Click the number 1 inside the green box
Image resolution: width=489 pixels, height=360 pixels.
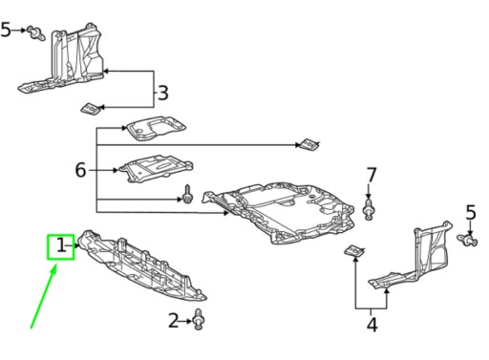[x=61, y=245]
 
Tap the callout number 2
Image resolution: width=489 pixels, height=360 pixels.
[x=174, y=321]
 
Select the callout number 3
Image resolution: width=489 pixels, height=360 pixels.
[x=163, y=93]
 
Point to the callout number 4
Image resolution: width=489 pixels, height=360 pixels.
[x=372, y=325]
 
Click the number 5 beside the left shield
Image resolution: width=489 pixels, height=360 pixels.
[x=6, y=30]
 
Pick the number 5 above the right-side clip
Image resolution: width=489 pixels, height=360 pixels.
[x=471, y=212]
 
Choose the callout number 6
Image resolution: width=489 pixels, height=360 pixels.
[x=80, y=170]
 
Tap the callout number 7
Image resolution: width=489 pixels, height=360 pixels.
[x=372, y=175]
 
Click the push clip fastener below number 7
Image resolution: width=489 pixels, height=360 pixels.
[x=369, y=209]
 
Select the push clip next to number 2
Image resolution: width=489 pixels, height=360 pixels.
[x=199, y=319]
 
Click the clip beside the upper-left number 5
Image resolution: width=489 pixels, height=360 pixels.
[x=36, y=32]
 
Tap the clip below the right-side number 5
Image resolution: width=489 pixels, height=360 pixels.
[x=467, y=240]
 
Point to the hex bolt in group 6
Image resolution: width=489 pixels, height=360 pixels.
[x=187, y=195]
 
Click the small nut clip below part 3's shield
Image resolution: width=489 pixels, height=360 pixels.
[x=92, y=109]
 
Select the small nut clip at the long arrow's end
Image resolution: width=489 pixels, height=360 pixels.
[x=308, y=144]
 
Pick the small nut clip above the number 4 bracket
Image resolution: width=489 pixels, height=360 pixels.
[x=354, y=251]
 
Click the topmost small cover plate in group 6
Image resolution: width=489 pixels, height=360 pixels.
[x=156, y=128]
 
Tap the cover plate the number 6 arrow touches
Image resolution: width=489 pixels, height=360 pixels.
[x=156, y=168]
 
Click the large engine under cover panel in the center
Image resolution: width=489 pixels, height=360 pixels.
[x=280, y=214]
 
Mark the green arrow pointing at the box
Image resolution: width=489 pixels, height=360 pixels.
[x=44, y=296]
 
